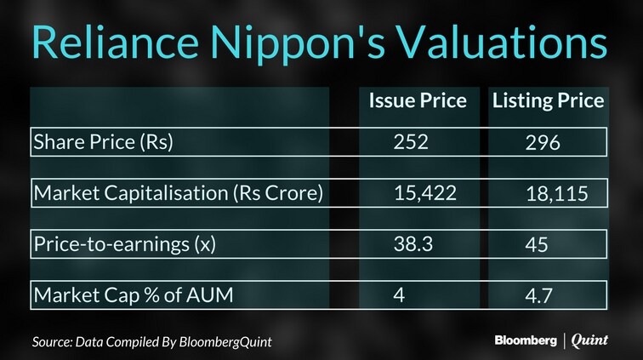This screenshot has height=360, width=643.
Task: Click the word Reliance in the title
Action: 115,42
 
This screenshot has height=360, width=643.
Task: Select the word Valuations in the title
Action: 503,42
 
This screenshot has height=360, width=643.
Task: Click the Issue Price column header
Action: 418,100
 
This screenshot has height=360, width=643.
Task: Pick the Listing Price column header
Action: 549,101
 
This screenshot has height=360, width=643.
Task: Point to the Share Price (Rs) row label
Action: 104,142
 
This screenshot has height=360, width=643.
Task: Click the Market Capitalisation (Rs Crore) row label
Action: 179,193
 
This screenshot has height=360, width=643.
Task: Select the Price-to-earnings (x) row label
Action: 125,244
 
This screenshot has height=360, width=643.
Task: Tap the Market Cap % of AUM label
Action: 134,294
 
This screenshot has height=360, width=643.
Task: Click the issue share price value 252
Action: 411,142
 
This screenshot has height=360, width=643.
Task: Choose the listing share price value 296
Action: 543,143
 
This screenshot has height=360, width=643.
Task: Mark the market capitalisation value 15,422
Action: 425,193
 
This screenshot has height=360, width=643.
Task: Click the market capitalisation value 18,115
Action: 557,194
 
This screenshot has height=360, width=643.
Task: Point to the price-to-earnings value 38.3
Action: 413,244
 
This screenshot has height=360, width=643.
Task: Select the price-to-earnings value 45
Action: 537,244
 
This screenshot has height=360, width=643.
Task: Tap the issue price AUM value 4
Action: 399,295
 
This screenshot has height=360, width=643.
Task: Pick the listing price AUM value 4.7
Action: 539,296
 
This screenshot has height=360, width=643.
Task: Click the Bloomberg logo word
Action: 526,340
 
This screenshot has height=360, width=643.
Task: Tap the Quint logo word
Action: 589,340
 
